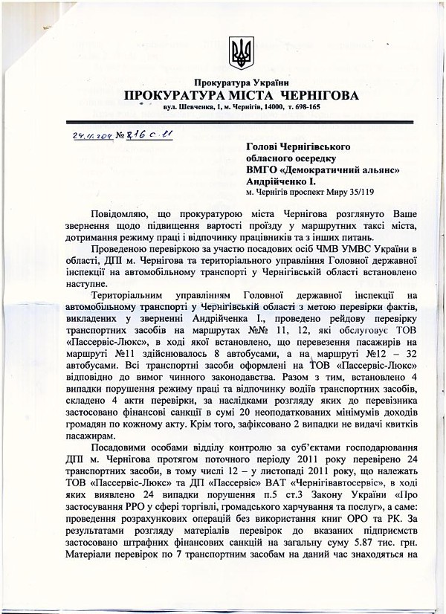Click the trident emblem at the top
pyautogui.click(x=241, y=53)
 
